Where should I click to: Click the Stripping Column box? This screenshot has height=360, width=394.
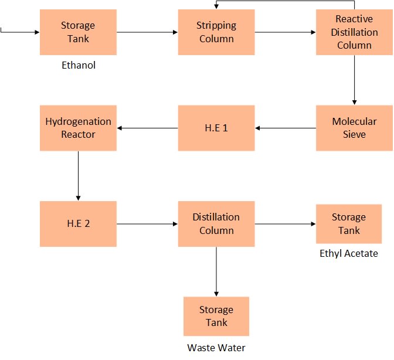(x=216, y=32)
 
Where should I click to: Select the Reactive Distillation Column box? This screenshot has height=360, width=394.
(x=354, y=32)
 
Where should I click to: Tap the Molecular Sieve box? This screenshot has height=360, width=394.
(x=354, y=128)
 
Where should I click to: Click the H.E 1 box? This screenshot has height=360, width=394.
(x=216, y=128)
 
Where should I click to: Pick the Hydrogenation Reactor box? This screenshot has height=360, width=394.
(x=78, y=128)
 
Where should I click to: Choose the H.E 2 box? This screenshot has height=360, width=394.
(x=78, y=223)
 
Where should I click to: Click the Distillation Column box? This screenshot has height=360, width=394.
(x=216, y=223)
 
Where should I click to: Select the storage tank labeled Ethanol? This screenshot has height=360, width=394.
(x=78, y=32)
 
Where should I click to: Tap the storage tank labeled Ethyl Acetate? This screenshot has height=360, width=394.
(x=349, y=223)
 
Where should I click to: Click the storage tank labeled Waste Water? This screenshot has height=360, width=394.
(x=216, y=316)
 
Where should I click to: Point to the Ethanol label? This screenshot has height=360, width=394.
(x=79, y=65)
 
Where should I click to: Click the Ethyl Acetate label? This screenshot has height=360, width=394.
(x=349, y=253)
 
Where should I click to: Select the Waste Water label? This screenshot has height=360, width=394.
(x=216, y=348)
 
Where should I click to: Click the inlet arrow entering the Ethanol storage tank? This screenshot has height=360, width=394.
(x=21, y=32)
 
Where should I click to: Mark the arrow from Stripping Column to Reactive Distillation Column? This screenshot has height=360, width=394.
(x=286, y=32)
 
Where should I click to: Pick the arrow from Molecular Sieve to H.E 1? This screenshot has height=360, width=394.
(x=286, y=128)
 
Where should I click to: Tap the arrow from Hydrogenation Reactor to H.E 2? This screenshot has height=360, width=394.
(x=78, y=175)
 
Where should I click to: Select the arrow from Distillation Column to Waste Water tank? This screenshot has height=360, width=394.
(x=216, y=271)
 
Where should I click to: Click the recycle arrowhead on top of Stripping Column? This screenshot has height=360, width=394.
(x=216, y=6)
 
